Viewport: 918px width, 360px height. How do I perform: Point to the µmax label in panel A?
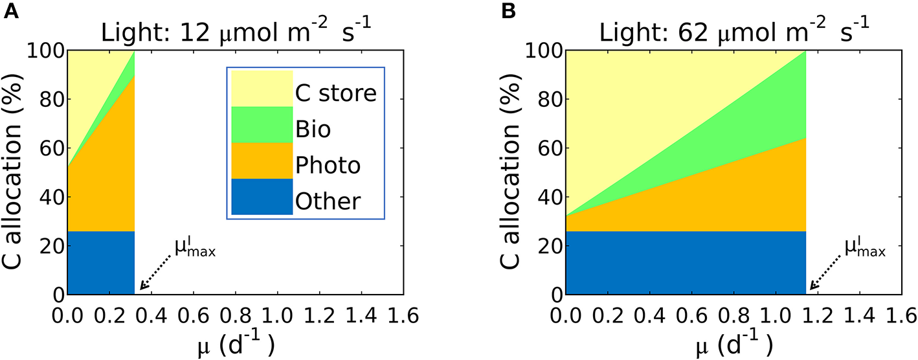(194, 248)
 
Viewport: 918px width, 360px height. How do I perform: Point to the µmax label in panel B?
(864, 248)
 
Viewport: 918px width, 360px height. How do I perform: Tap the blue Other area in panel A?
(100, 262)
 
